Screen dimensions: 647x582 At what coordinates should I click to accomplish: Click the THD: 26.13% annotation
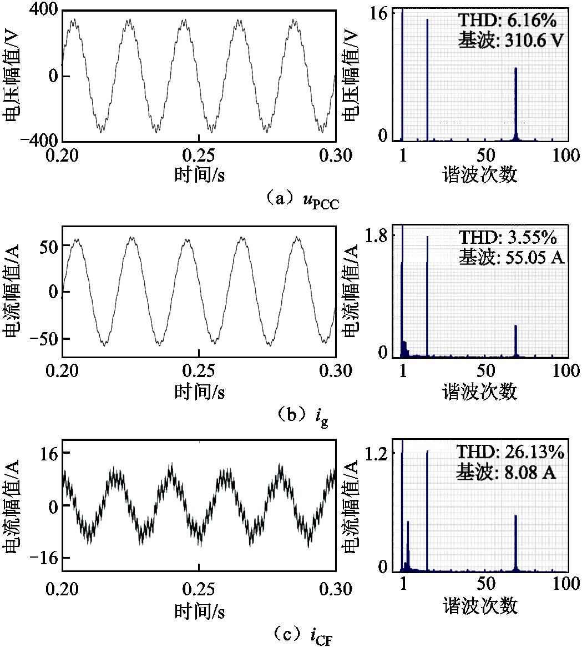510,453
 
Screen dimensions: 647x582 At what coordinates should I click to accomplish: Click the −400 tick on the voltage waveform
38,140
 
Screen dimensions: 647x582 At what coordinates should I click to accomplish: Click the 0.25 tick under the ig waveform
200,371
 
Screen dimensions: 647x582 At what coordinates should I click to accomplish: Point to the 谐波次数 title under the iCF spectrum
480,606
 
